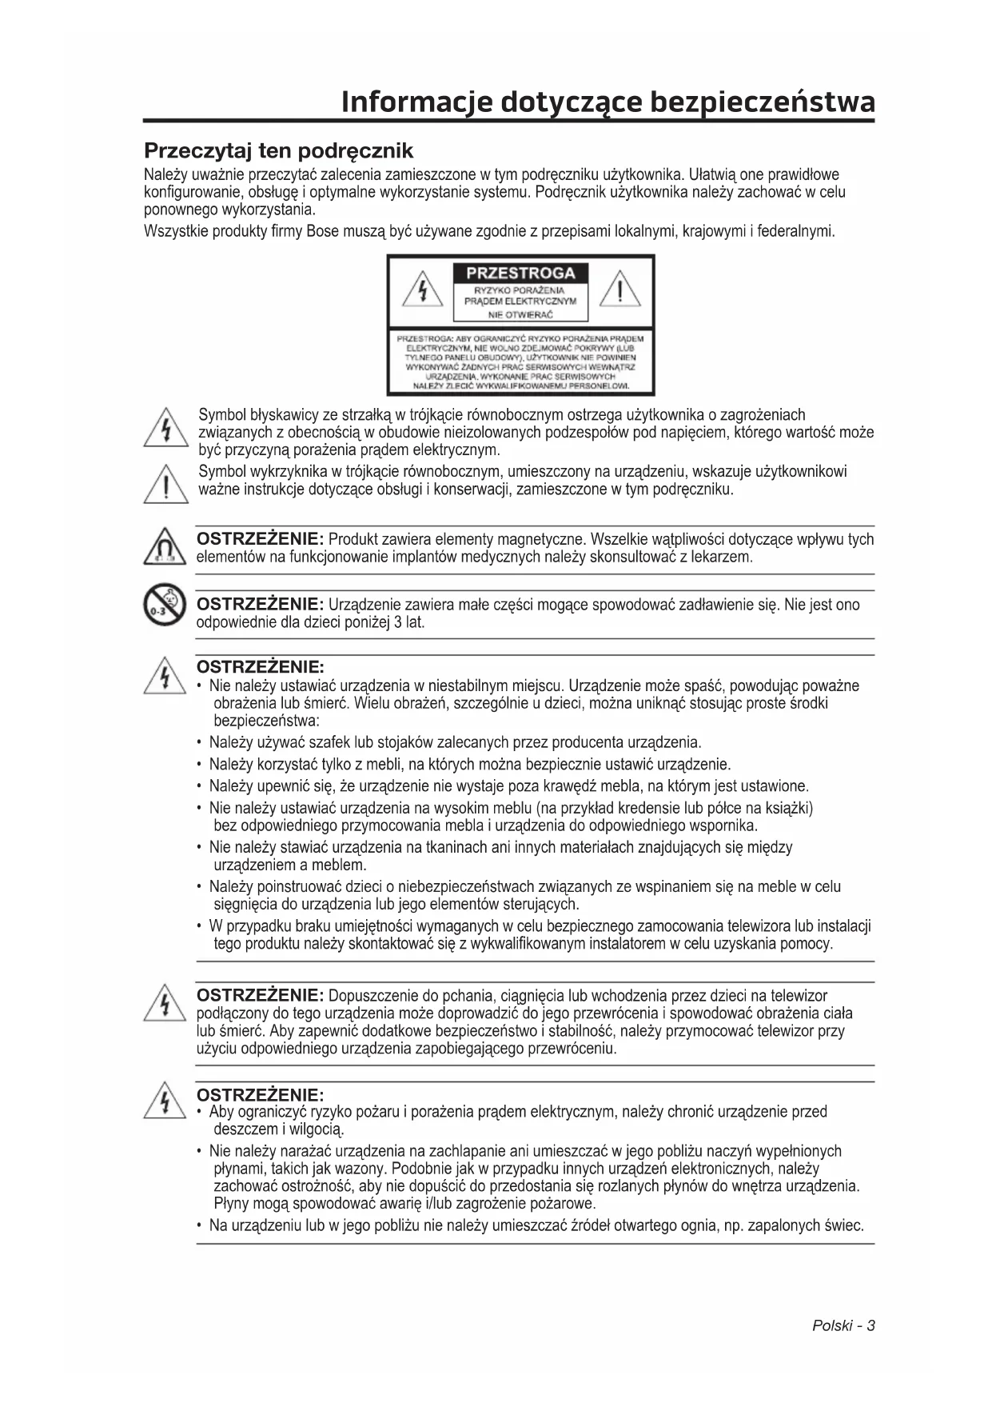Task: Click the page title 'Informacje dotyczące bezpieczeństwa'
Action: [x=608, y=102]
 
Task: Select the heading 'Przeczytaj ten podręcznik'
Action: [x=278, y=150]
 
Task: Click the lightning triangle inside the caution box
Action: [x=422, y=290]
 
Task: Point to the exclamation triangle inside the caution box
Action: [x=620, y=290]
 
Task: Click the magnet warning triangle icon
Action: [x=165, y=548]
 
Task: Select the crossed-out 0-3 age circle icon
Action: [x=165, y=605]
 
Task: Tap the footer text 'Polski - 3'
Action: [x=843, y=1325]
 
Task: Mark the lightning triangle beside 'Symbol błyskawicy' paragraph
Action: [x=165, y=429]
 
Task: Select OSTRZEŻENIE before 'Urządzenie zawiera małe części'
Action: [x=259, y=604]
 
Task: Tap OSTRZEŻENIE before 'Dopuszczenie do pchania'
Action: [x=259, y=995]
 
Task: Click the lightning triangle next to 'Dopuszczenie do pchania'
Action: [x=165, y=1003]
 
